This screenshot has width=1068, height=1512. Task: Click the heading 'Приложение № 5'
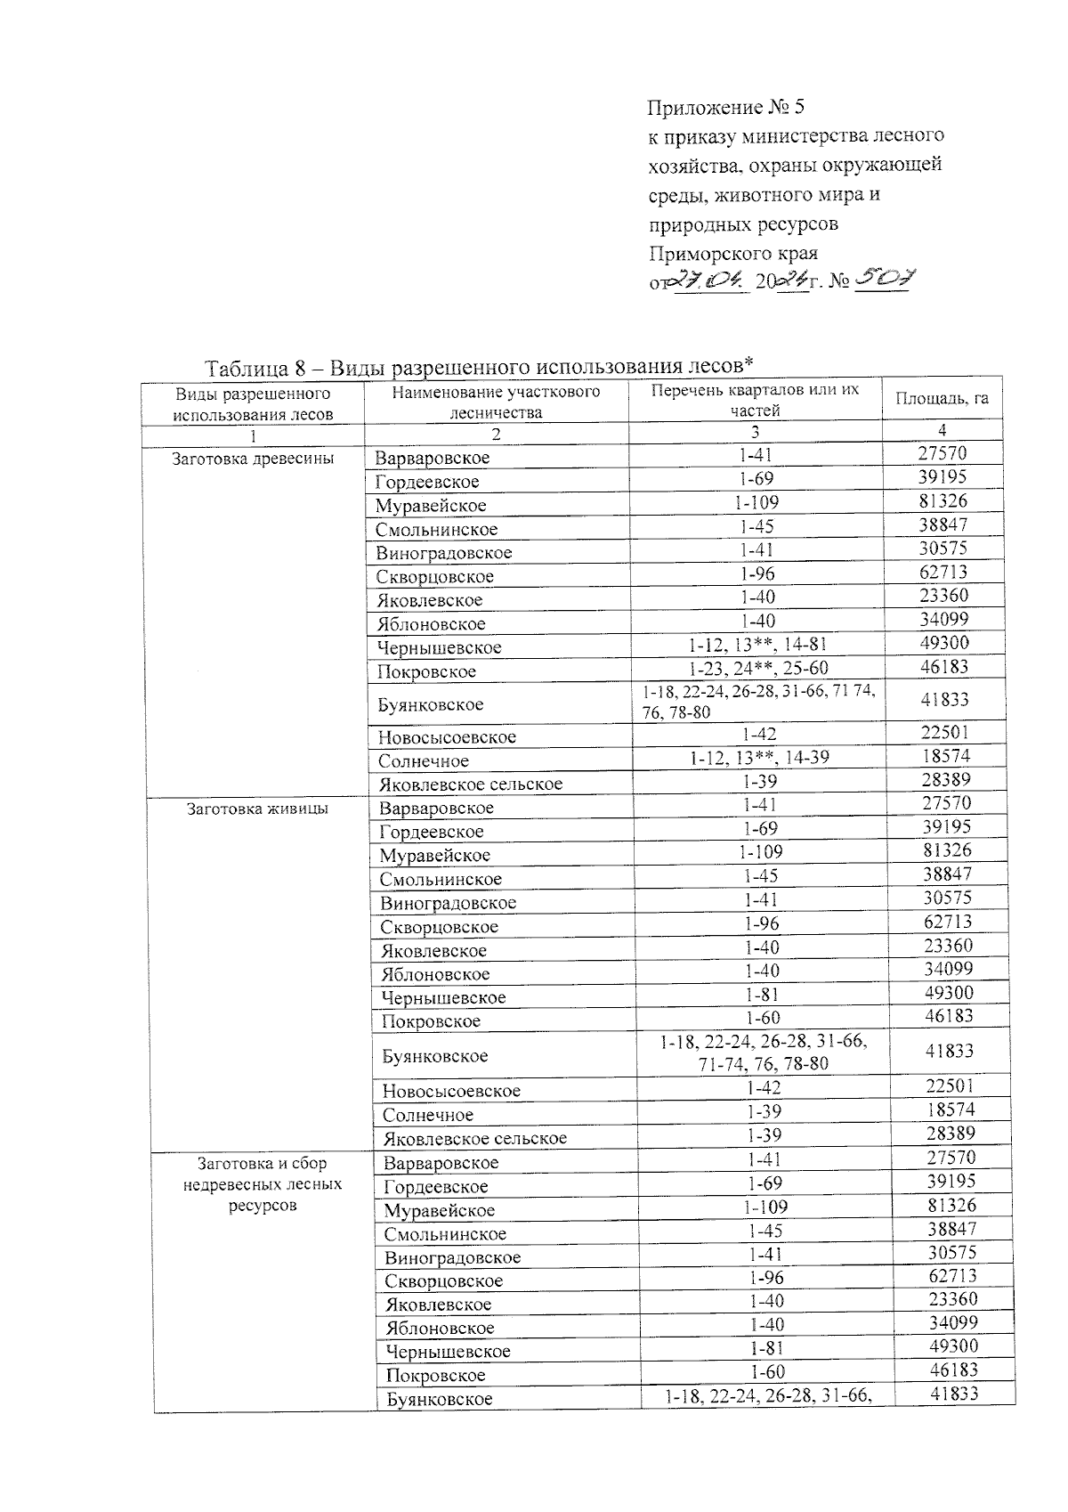725,109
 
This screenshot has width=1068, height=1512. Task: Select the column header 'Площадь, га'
942,399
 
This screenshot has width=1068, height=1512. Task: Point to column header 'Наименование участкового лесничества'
496,402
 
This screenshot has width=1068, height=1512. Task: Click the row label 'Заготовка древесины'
253,459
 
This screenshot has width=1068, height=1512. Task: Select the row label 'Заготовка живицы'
256,809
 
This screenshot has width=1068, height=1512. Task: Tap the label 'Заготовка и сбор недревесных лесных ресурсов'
262,1184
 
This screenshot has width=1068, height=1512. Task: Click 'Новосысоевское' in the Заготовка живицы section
451,1091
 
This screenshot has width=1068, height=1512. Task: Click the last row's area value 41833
953,1394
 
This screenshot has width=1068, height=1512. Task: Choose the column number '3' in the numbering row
755,432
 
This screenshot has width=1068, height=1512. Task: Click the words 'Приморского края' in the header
733,254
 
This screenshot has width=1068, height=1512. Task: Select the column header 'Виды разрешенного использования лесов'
253,403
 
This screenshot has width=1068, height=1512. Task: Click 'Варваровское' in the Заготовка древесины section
432,459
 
